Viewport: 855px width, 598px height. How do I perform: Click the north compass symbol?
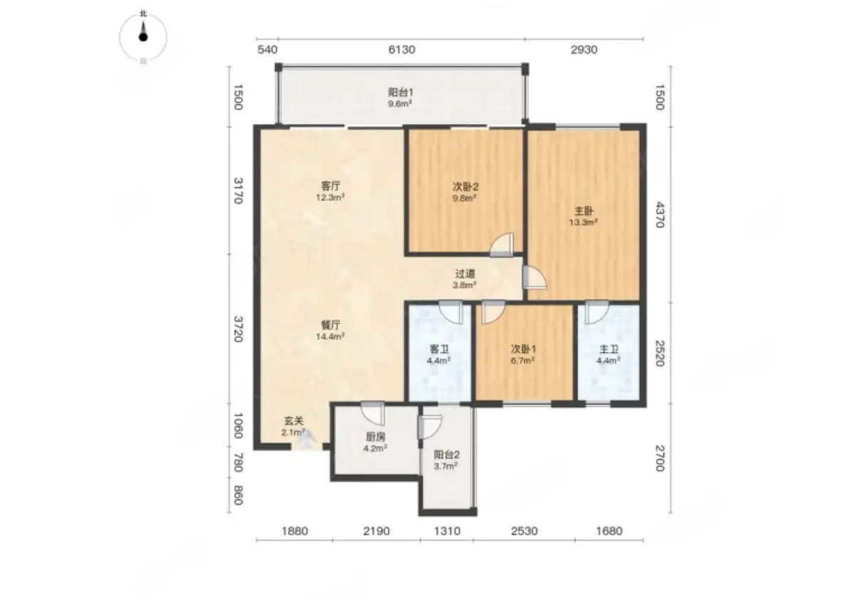[143, 37]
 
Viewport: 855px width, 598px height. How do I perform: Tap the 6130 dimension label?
[402, 50]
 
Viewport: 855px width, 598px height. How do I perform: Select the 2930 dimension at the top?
[584, 50]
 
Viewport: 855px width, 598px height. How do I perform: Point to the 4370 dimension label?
[660, 215]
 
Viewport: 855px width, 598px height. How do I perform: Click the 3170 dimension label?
[238, 191]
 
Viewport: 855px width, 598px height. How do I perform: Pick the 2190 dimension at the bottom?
[376, 531]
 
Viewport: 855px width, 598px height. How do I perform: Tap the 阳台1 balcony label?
[400, 92]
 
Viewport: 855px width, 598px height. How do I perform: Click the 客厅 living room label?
[331, 186]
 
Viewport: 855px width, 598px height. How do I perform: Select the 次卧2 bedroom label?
[465, 186]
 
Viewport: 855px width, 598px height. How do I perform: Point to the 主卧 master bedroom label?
[584, 211]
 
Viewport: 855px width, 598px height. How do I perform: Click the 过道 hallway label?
[465, 274]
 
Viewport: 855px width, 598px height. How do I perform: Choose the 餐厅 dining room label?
[331, 325]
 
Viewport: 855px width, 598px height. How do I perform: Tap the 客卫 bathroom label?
[439, 349]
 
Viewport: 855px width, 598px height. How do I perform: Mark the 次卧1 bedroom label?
[523, 349]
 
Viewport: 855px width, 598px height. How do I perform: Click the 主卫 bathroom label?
[608, 349]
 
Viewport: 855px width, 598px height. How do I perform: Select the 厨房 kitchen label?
[375, 436]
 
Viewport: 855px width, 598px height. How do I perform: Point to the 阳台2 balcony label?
[446, 455]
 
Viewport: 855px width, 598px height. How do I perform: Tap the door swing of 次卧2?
[502, 244]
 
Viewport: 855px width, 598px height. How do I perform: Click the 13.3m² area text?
[584, 222]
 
